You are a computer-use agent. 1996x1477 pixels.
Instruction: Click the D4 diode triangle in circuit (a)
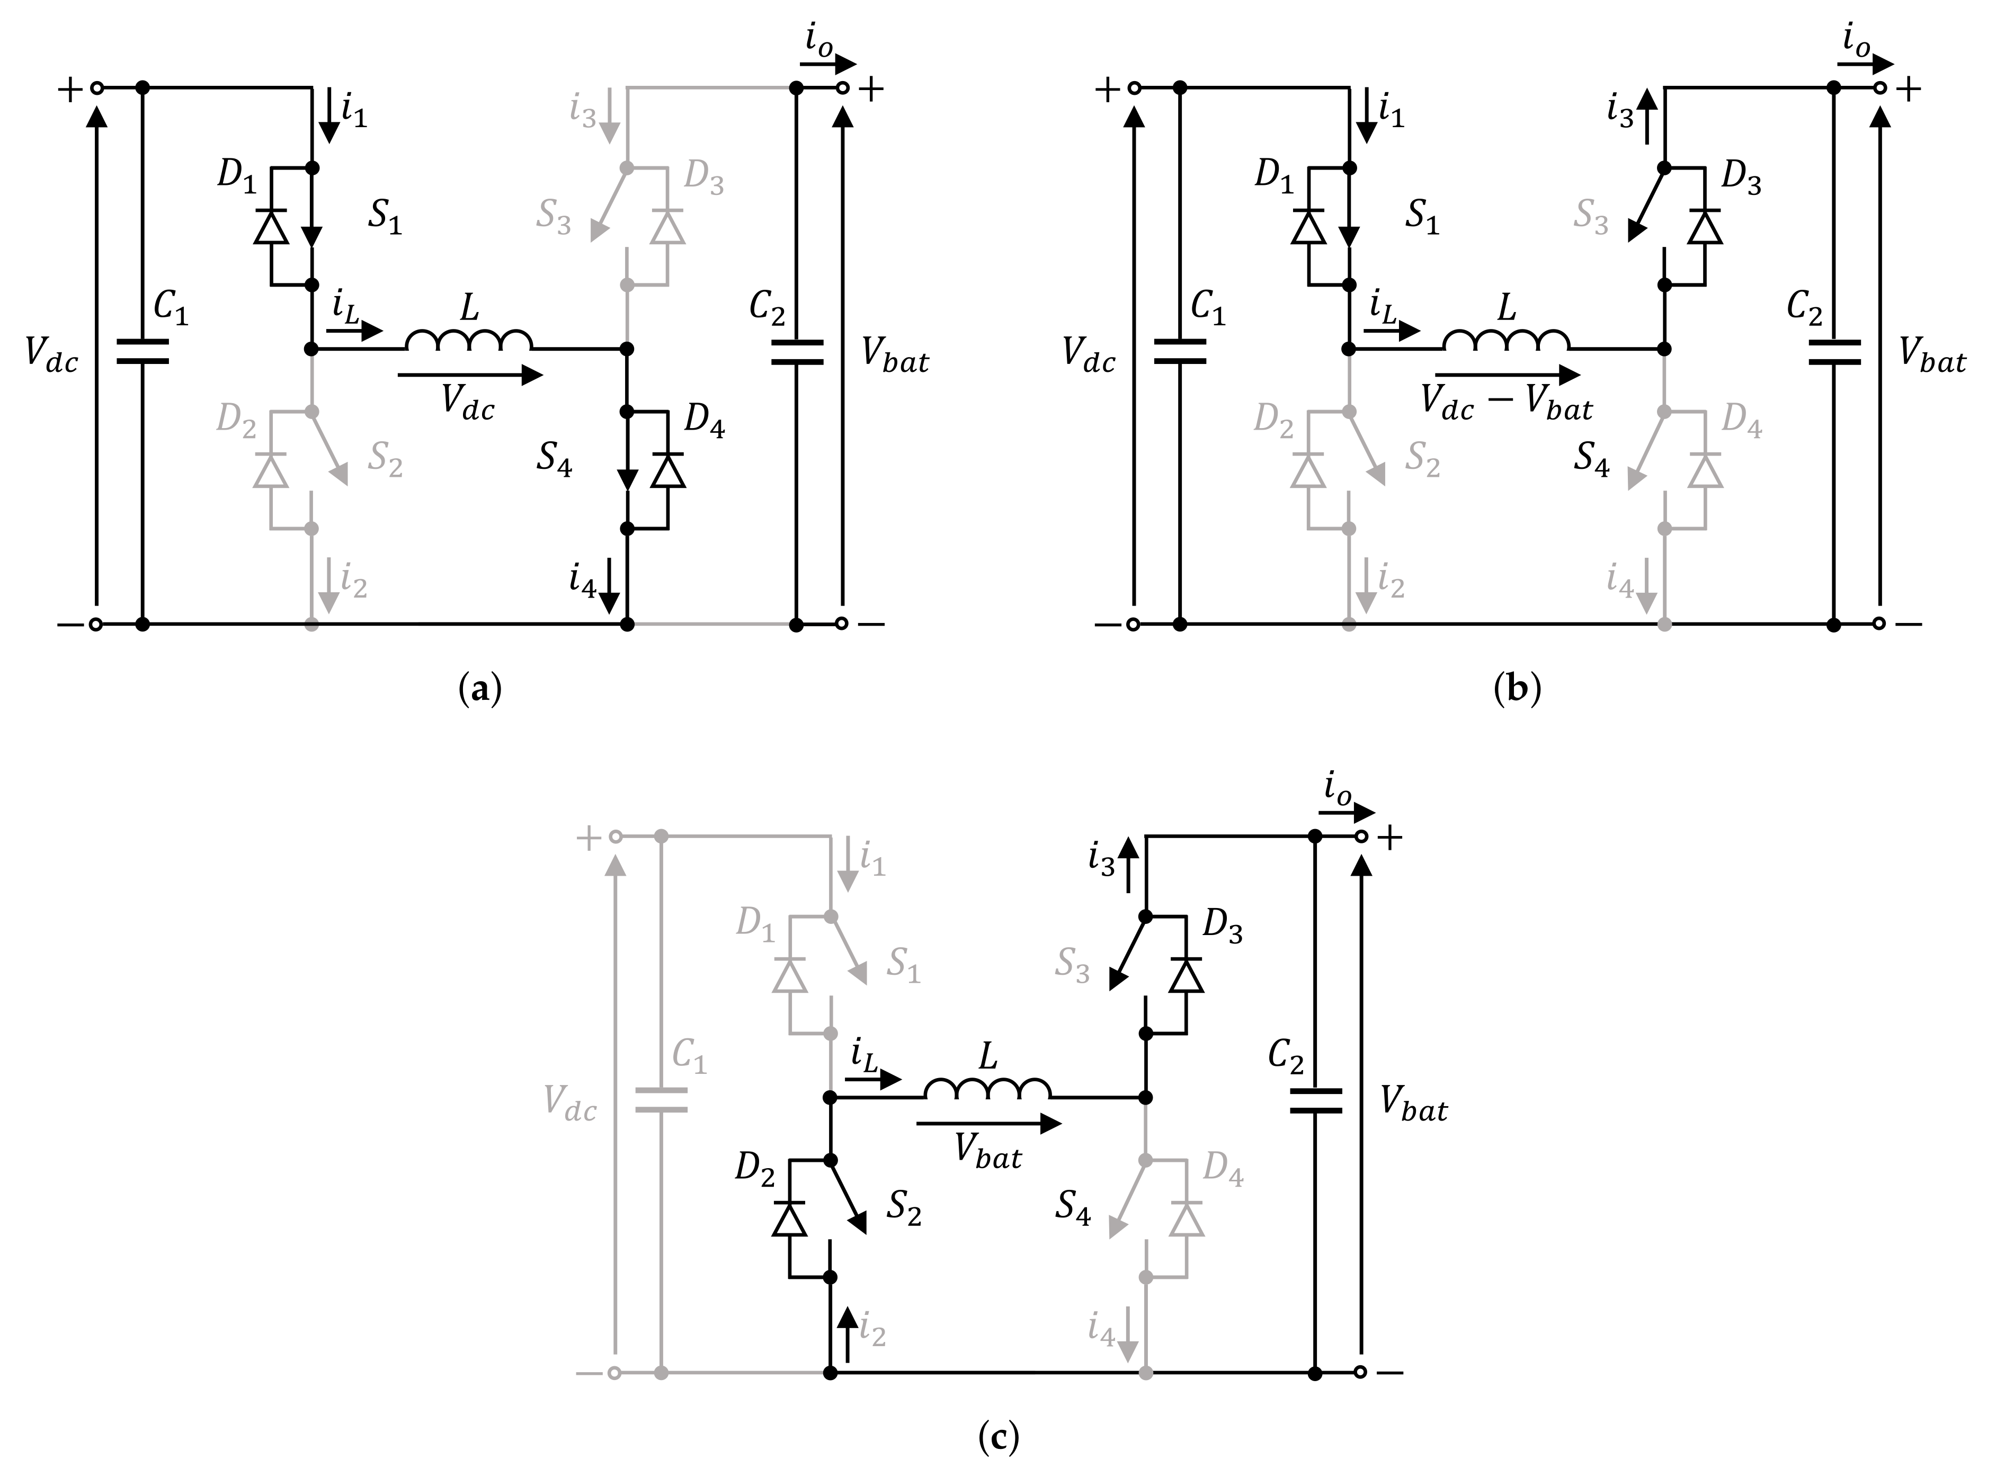point(667,470)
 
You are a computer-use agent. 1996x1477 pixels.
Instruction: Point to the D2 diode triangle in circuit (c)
point(788,1218)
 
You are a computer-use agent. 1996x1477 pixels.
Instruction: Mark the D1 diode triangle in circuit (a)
point(271,227)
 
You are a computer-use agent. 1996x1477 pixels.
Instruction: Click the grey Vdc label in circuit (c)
point(569,1109)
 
